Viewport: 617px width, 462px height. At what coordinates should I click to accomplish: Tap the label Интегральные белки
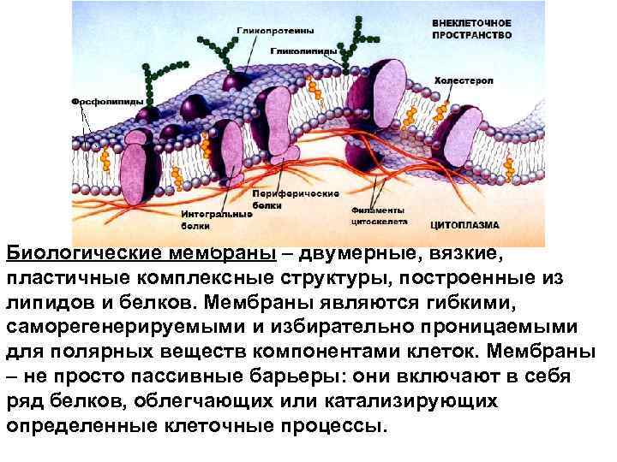217,221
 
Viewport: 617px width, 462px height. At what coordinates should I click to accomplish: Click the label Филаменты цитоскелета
378,215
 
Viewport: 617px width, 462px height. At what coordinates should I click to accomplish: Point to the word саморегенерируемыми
131,328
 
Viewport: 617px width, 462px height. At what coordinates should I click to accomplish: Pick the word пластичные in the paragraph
62,278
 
